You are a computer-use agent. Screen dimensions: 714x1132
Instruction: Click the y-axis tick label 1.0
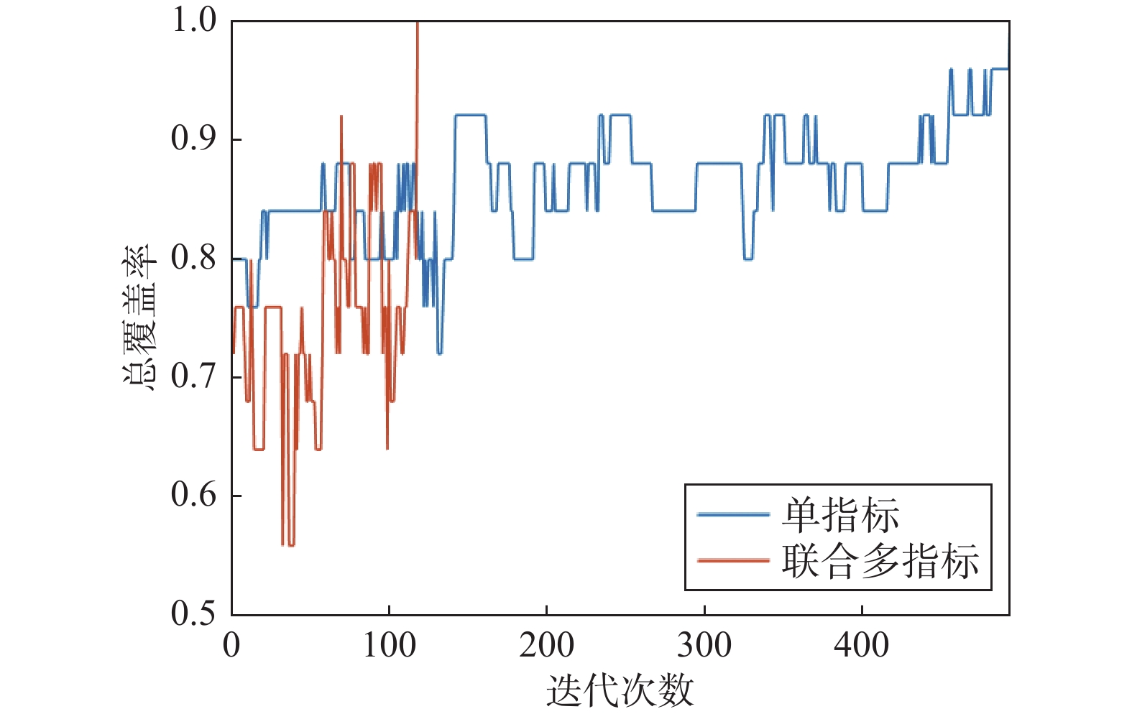tap(193, 20)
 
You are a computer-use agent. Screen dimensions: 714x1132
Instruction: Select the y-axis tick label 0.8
tap(193, 257)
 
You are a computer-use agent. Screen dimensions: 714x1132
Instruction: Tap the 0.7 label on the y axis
tap(193, 376)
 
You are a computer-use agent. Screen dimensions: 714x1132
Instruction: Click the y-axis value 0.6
tap(193, 495)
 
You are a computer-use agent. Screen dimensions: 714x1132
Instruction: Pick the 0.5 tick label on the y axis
tap(193, 613)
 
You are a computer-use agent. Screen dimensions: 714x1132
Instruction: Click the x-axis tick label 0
tap(231, 645)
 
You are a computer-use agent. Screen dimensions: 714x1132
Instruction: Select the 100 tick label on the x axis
tap(389, 645)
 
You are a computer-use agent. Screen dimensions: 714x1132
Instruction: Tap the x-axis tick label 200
tap(546, 645)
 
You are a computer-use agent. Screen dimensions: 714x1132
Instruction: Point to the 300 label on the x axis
tap(704, 645)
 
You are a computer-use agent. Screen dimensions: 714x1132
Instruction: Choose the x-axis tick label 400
tap(861, 645)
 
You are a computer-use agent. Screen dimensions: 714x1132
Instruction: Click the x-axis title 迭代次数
tap(620, 691)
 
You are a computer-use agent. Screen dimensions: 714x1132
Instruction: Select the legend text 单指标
tap(840, 515)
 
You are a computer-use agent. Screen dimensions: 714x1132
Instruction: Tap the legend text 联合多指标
tap(880, 561)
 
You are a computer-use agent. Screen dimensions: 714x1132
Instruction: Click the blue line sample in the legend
tap(732, 515)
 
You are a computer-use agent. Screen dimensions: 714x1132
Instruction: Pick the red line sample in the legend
tap(732, 560)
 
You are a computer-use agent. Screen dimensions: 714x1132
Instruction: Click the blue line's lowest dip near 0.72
tap(439, 353)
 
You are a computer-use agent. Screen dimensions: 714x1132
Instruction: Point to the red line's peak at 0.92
tap(341, 116)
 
